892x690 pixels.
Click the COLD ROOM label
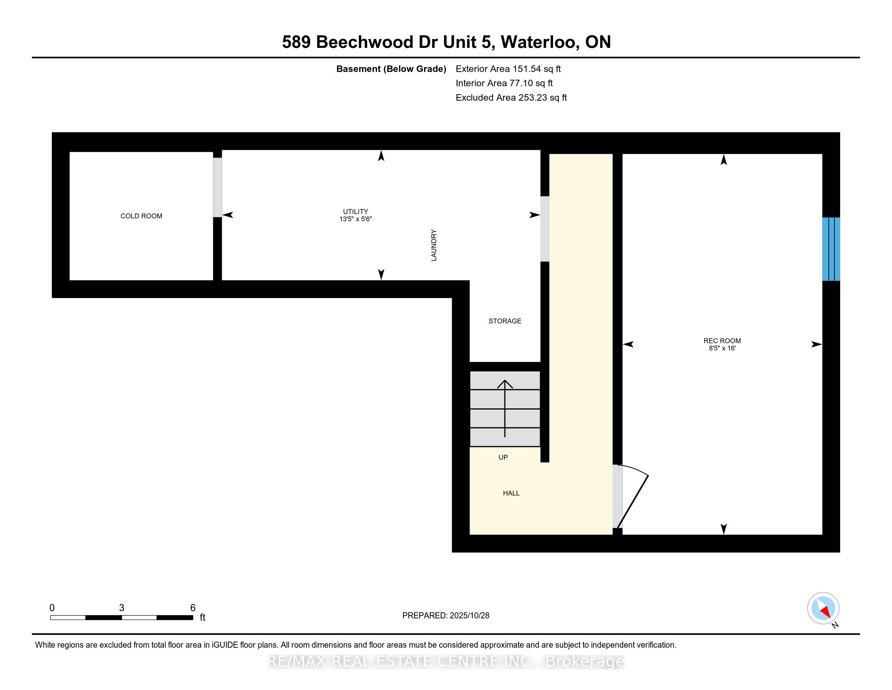[x=141, y=216]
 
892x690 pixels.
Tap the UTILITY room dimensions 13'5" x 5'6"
[x=355, y=219]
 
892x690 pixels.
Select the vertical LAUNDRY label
[x=434, y=245]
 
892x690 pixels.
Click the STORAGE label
[x=504, y=321]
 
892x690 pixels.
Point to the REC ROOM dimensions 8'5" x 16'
[x=722, y=348]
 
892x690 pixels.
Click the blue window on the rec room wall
[x=831, y=249]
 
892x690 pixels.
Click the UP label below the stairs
[x=503, y=457]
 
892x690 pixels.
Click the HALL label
[x=511, y=493]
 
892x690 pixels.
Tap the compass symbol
[x=823, y=608]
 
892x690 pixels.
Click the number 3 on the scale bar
[x=121, y=608]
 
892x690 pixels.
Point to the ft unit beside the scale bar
[x=202, y=618]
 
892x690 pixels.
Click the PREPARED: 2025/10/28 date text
[x=446, y=615]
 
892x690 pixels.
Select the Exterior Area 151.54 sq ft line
[x=508, y=69]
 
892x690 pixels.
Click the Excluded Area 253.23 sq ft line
[x=511, y=97]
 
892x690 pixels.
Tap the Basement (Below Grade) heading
[x=391, y=69]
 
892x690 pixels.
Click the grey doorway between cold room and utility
[x=217, y=187]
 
